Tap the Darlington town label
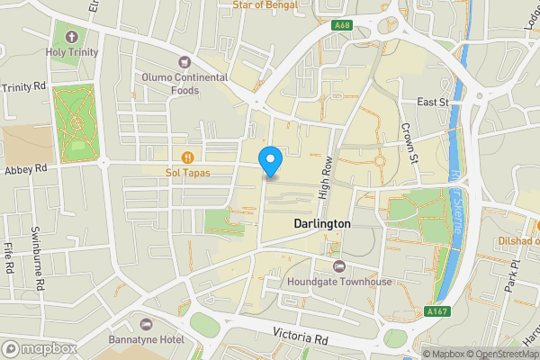tap(321, 222)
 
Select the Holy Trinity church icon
tap(71, 37)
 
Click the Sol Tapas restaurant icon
tap(189, 156)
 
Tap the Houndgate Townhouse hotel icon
tap(339, 266)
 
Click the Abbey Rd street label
tap(24, 168)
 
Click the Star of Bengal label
tap(266, 4)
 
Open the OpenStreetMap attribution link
tap(501, 354)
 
